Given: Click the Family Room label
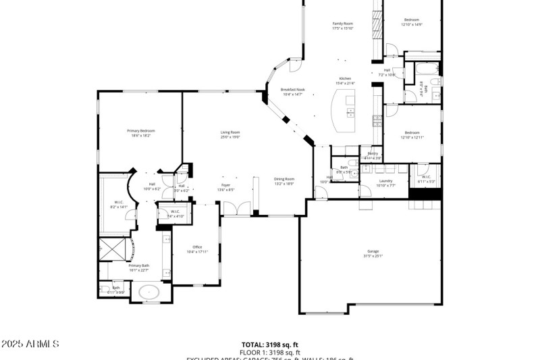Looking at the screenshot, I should [342, 26].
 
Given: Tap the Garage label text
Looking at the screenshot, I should [373, 253].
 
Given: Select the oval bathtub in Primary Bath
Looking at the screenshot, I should [148, 293].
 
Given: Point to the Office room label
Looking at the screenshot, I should [197, 249].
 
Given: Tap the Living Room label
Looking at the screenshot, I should [230, 134].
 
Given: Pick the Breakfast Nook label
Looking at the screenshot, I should [292, 92].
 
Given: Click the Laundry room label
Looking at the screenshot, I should [385, 182].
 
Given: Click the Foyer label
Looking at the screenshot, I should [226, 187].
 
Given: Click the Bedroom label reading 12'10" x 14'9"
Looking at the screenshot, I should [412, 22].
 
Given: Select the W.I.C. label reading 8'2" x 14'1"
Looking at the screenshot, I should [118, 204].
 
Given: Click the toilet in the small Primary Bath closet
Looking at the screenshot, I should [106, 290].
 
